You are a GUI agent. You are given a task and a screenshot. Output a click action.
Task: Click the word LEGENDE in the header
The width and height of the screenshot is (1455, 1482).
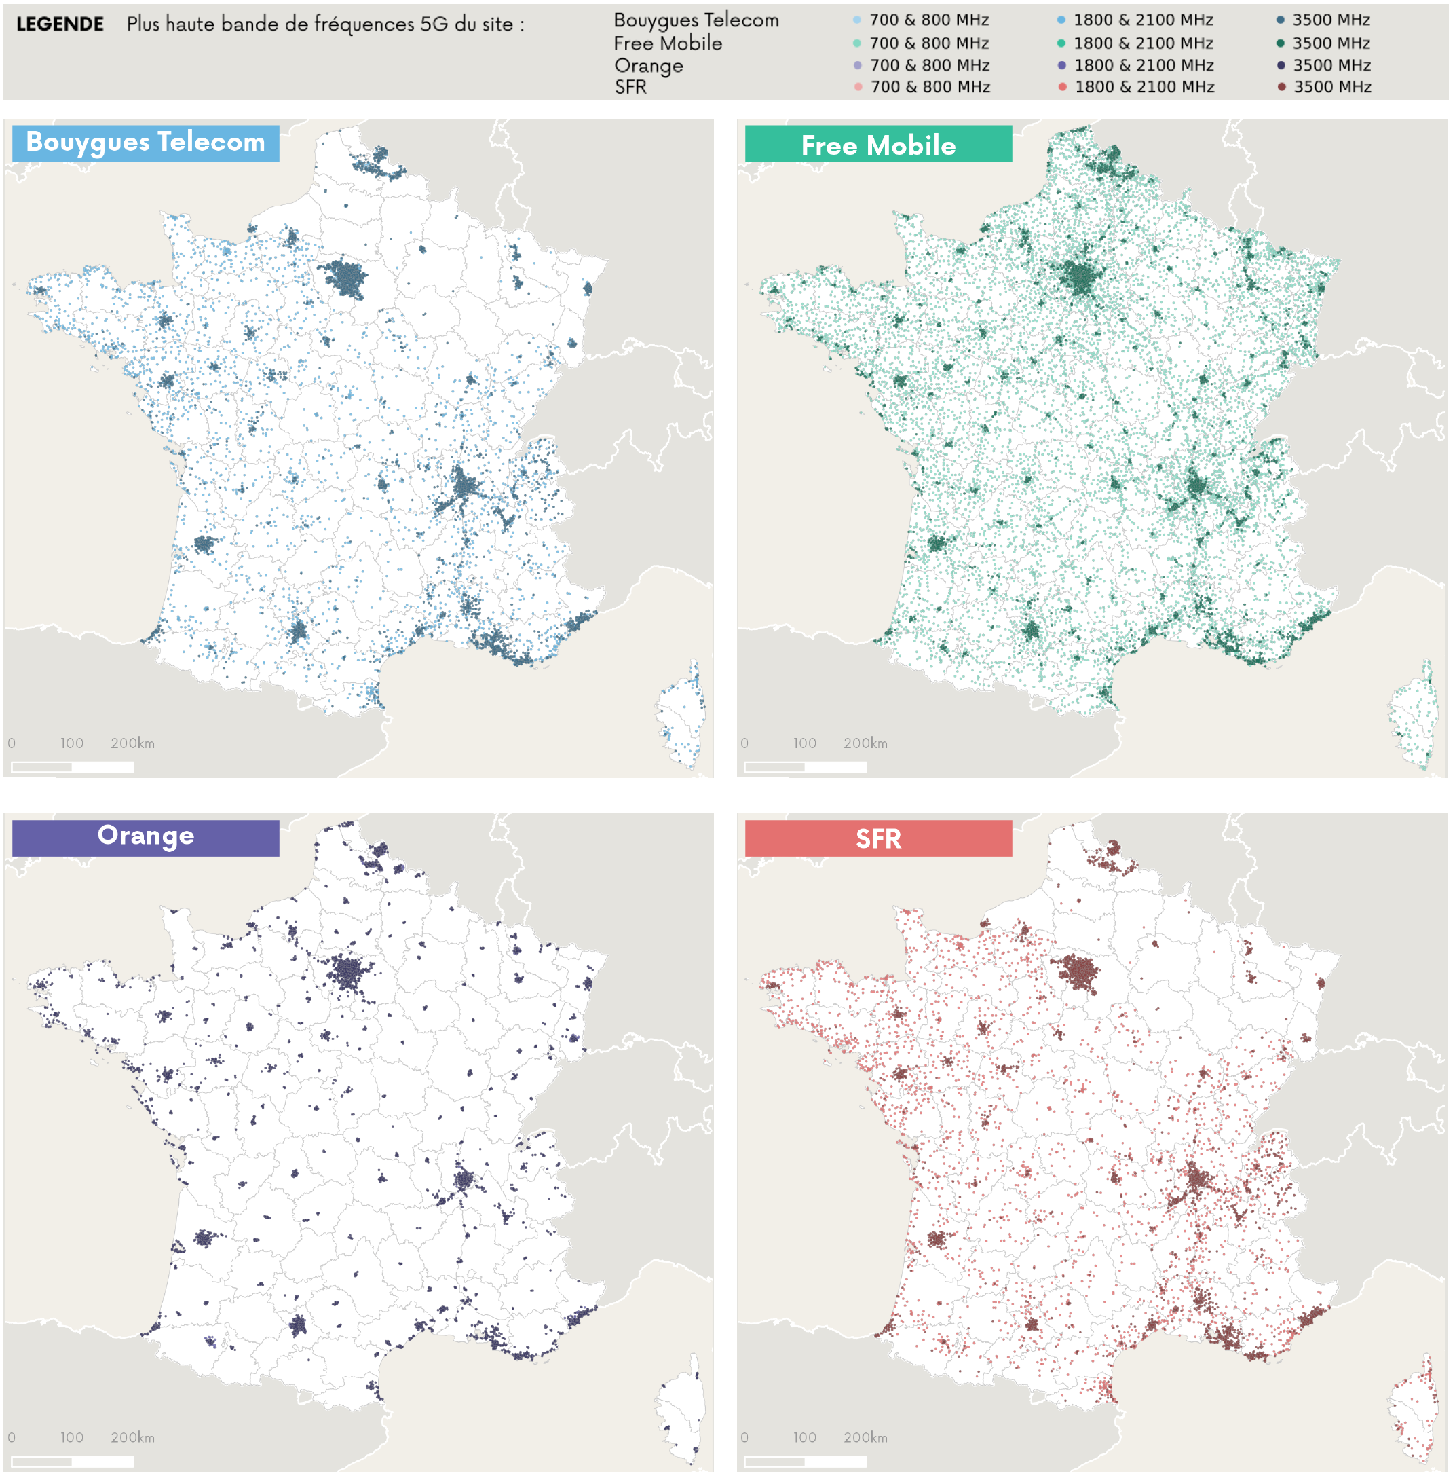[x=60, y=24]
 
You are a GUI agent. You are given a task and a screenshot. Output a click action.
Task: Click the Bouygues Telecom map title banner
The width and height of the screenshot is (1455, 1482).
[x=145, y=143]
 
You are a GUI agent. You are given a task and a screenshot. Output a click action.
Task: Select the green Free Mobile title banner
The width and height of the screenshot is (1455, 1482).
[x=877, y=145]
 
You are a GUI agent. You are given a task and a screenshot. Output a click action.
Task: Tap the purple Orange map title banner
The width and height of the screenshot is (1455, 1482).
[x=145, y=837]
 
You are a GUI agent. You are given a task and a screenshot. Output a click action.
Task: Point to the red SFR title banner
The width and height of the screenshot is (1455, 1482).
[x=877, y=838]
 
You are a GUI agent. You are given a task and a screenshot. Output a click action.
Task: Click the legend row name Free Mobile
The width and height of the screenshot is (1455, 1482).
[x=667, y=43]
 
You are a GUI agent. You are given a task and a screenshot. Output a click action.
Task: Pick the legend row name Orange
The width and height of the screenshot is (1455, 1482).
[x=648, y=66]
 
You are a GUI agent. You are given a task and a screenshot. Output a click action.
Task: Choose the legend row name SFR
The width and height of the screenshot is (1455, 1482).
[x=630, y=87]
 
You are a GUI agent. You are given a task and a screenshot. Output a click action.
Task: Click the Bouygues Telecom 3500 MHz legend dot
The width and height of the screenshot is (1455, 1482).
[x=1280, y=20]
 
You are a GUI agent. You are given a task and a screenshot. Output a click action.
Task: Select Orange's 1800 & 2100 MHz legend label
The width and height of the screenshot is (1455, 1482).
[x=1144, y=66]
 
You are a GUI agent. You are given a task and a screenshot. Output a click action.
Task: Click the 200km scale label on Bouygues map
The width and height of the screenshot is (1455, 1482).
[x=132, y=743]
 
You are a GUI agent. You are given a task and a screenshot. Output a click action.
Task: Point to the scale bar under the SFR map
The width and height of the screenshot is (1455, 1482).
[x=805, y=1462]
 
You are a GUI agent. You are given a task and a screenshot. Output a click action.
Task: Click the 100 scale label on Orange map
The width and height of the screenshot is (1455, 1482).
[x=72, y=1437]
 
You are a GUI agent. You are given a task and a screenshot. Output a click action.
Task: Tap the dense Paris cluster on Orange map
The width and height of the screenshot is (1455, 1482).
[x=348, y=973]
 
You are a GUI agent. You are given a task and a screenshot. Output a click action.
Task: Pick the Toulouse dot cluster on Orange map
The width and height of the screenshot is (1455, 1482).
[x=298, y=1326]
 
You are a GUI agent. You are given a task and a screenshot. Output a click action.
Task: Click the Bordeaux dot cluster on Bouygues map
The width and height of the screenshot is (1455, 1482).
[x=204, y=544]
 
